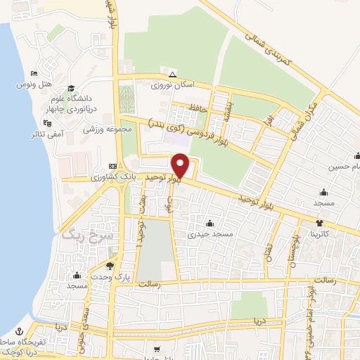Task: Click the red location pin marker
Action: pos(181,166)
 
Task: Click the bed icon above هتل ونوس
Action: pos(34,74)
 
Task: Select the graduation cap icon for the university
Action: pos(70,88)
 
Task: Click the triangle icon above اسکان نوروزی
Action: pos(172,75)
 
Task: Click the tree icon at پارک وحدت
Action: pos(110,266)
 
